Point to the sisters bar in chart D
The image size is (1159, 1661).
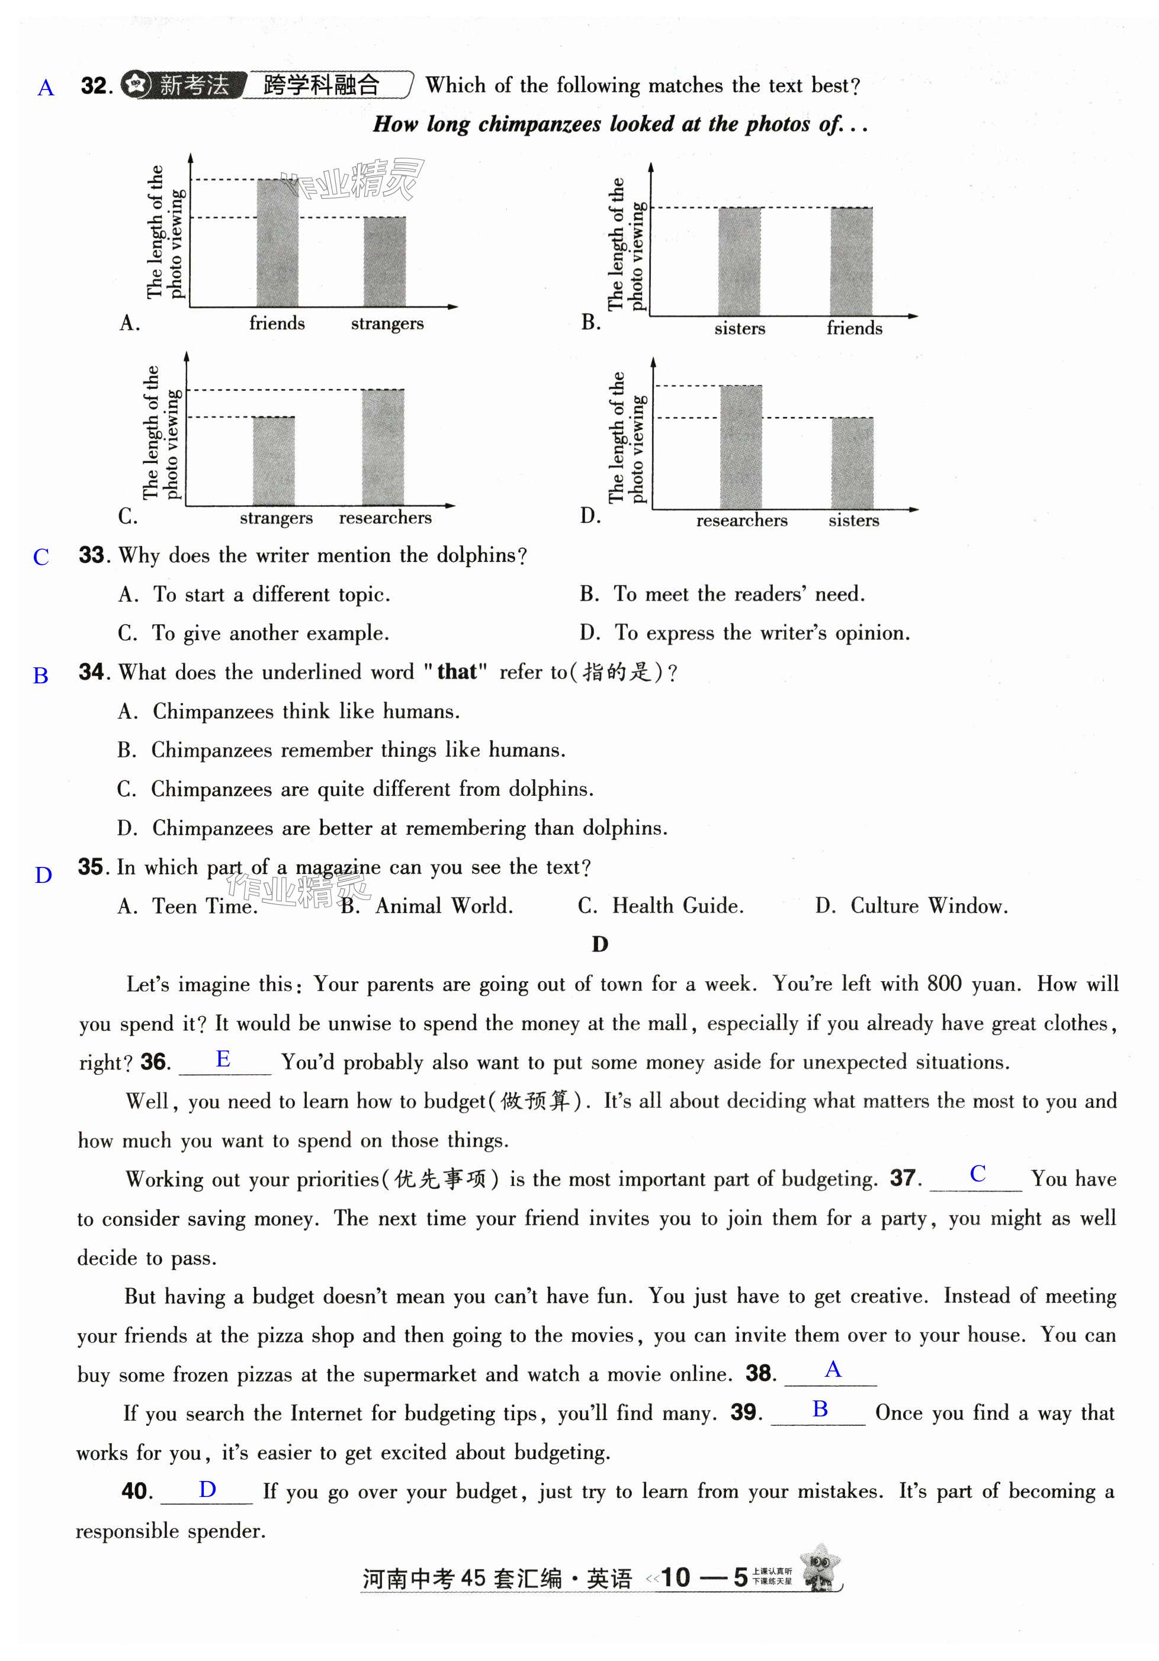[852, 463]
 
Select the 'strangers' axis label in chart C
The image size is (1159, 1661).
[275, 518]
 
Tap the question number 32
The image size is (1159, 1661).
[95, 86]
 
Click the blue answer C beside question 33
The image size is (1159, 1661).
[41, 557]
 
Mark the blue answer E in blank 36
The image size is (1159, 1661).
[223, 1059]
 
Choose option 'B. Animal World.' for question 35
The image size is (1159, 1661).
[427, 906]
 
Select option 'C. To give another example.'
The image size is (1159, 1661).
[253, 633]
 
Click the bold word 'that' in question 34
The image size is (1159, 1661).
[457, 672]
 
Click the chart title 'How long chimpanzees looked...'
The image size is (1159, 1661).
[619, 124]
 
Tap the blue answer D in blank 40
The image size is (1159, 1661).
[208, 1489]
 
